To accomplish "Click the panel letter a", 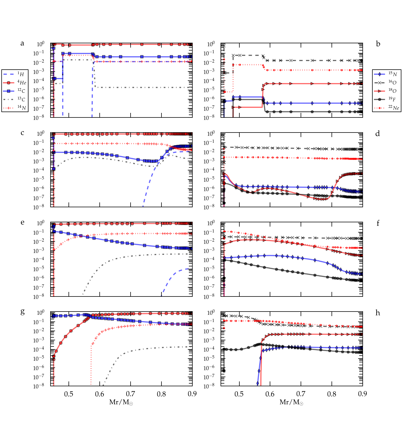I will tap(22, 43).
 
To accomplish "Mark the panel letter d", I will tap(378, 133).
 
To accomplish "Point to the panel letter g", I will tap(22, 312).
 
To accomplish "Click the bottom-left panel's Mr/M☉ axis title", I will tap(121, 402).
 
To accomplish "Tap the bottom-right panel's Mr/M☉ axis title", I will tap(292, 402).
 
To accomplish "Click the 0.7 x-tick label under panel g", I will tap(131, 394).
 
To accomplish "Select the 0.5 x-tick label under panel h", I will tap(239, 394).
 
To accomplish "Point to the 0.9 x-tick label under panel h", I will tap(362, 394).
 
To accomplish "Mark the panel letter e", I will tap(22, 222).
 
